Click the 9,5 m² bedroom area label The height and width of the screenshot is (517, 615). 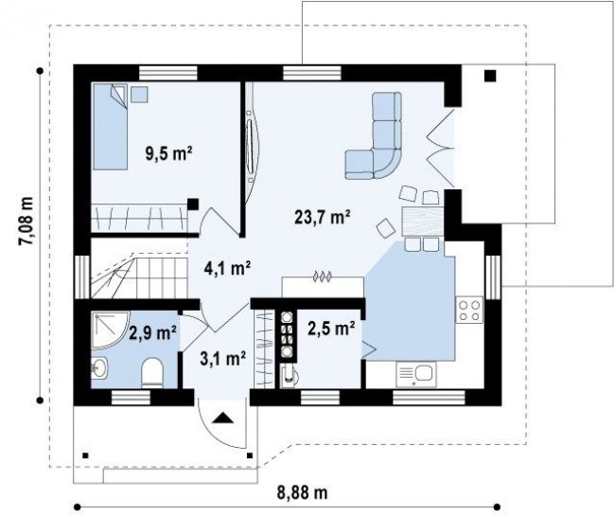pyautogui.click(x=168, y=153)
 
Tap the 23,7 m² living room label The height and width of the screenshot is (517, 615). pyautogui.click(x=322, y=216)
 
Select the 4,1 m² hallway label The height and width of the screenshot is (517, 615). pyautogui.click(x=227, y=268)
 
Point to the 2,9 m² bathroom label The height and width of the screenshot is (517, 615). pyautogui.click(x=152, y=333)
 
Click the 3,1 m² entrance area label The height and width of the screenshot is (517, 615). pyautogui.click(x=222, y=359)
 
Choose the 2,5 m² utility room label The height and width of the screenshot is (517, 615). pyautogui.click(x=331, y=329)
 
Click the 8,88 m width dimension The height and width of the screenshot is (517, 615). pyautogui.click(x=302, y=492)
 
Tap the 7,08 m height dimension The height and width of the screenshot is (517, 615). pyautogui.click(x=26, y=222)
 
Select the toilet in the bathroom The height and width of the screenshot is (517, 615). pyautogui.click(x=152, y=372)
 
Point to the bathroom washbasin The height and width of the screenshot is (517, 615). pyautogui.click(x=99, y=368)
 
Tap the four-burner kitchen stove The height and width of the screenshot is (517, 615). pyautogui.click(x=469, y=311)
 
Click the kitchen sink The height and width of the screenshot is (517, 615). pyautogui.click(x=416, y=374)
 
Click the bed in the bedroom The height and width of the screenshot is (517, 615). pyautogui.click(x=110, y=126)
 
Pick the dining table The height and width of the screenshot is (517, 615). pyautogui.click(x=423, y=222)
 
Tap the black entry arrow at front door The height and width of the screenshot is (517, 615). pyautogui.click(x=222, y=418)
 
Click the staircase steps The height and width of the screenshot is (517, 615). pyautogui.click(x=139, y=276)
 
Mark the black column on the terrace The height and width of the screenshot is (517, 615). pyautogui.click(x=490, y=76)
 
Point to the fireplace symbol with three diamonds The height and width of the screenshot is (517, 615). pyautogui.click(x=322, y=276)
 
